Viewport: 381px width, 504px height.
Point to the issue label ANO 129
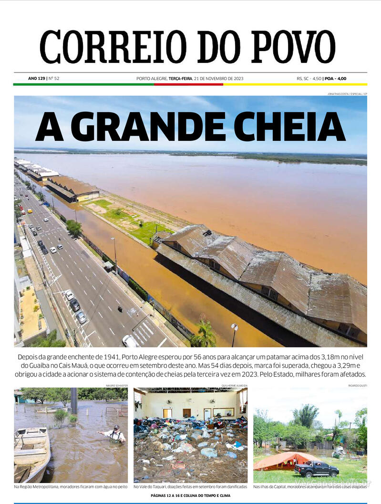pyautogui.click(x=36, y=78)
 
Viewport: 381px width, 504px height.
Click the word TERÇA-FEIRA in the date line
pyautogui.click(x=180, y=78)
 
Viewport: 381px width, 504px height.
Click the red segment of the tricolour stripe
pyautogui.click(x=188, y=84)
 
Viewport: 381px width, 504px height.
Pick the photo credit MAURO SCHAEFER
pyautogui.click(x=116, y=385)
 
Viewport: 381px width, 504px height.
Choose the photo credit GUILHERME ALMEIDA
pyautogui.click(x=234, y=385)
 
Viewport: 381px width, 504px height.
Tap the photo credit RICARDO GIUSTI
pyautogui.click(x=357, y=385)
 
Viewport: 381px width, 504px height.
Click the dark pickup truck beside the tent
pyautogui.click(x=316, y=469)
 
